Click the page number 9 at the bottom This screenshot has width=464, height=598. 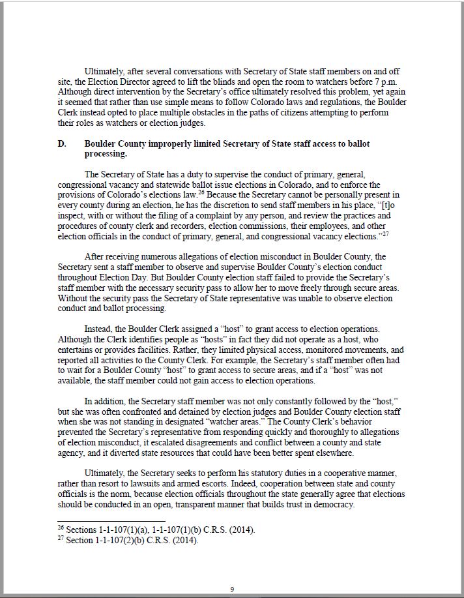[x=232, y=590]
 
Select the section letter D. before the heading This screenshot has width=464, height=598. [x=63, y=143]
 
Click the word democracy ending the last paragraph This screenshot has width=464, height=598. [x=333, y=504]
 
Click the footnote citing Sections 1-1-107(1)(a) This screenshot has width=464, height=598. [x=156, y=530]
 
